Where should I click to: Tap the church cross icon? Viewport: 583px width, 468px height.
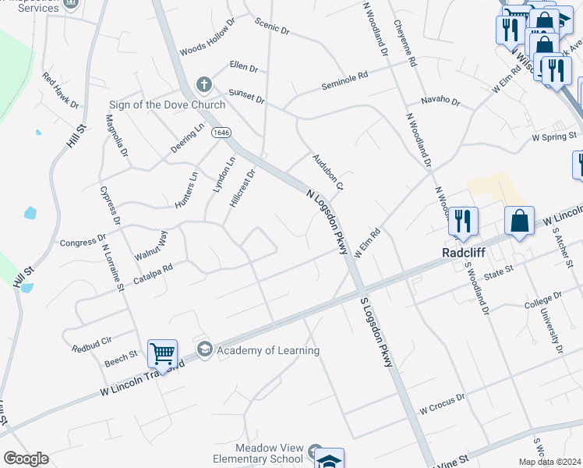pos(203,83)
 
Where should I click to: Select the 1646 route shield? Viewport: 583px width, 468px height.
pos(220,133)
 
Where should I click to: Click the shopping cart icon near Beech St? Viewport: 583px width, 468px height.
pos(162,353)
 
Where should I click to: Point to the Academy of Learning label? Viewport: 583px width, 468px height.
pos(268,350)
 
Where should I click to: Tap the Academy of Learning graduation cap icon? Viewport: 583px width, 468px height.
pos(204,349)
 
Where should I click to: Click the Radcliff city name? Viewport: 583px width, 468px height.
pos(465,253)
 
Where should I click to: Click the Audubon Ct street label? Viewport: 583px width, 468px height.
pos(328,172)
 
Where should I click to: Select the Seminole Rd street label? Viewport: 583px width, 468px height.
pos(344,81)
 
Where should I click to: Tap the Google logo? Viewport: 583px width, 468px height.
pos(26,459)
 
